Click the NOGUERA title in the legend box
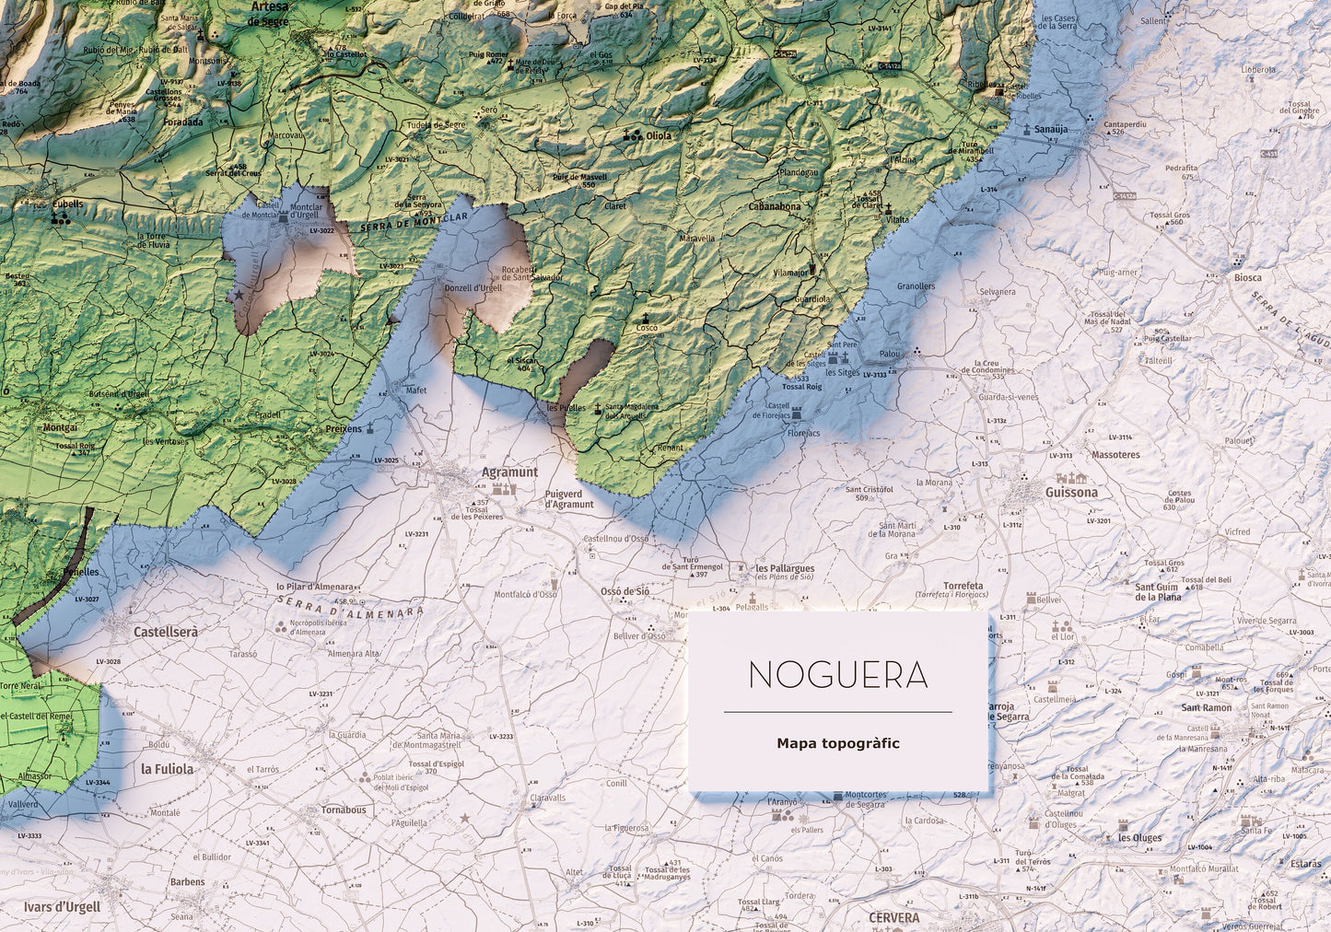coord(837,675)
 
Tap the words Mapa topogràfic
coord(837,743)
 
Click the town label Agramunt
coord(509,472)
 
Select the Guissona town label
coord(1071,492)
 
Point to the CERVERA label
coord(893,918)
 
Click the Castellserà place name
coord(166,633)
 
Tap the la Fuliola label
coord(167,768)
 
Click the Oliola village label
coord(659,135)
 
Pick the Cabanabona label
coord(774,207)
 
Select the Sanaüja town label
coord(1050,130)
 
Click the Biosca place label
coord(1248,277)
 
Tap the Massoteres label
coord(1115,455)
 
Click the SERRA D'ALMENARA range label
coord(350,604)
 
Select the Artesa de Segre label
coord(269,12)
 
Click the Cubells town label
coord(66,204)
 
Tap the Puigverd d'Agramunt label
coord(569,498)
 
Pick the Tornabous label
coord(344,810)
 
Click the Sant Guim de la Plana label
coord(1157,591)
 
